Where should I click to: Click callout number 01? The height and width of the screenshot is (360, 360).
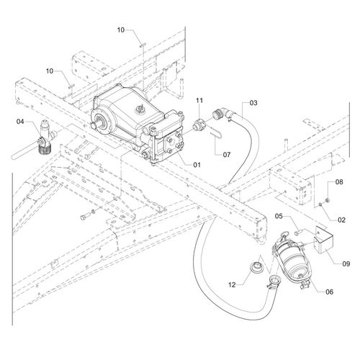(197, 165)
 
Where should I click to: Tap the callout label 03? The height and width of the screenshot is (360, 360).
(253, 103)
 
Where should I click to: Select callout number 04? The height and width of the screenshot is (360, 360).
(20, 122)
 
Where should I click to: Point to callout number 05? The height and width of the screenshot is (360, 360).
(279, 216)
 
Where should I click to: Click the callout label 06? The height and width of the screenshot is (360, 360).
(330, 292)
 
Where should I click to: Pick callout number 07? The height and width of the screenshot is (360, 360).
(227, 155)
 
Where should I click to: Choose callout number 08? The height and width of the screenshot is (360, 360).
(339, 182)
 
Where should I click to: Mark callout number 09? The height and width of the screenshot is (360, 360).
(346, 264)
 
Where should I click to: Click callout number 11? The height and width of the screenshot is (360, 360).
(199, 100)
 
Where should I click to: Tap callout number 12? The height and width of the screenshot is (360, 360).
(232, 285)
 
